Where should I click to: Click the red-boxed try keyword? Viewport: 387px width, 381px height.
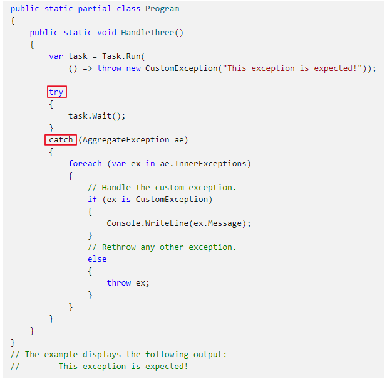pos(56,92)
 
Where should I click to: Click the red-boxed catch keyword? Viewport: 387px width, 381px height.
pos(61,140)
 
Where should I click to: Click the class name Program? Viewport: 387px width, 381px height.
pos(162,9)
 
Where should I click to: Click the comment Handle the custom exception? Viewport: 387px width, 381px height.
pos(162,188)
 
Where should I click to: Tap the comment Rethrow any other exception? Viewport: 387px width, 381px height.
pos(162,247)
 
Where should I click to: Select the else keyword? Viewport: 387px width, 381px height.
pos(97,259)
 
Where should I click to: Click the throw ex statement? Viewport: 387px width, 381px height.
pos(128,283)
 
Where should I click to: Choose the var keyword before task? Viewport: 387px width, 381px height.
pos(56,56)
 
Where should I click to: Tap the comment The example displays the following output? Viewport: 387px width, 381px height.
pos(125,355)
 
